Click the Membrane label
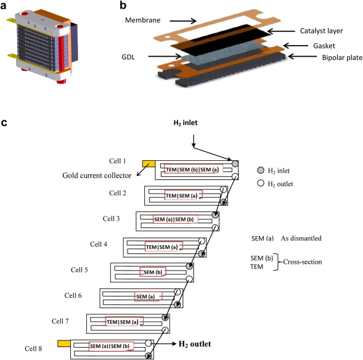[142, 20]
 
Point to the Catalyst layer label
[321, 31]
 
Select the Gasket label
[324, 46]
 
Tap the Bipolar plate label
[342, 57]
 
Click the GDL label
[128, 57]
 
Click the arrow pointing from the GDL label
[165, 56]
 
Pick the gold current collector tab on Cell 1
[149, 164]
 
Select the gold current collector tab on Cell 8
[64, 343]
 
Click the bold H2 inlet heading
[186, 123]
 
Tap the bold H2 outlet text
[195, 344]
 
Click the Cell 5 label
[79, 270]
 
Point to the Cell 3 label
[111, 219]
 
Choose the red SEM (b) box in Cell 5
[153, 272]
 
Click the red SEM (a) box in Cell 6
[148, 297]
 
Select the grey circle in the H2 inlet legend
[261, 170]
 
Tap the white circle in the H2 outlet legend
[261, 183]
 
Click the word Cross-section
[303, 262]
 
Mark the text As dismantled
[301, 238]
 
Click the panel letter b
[123, 6]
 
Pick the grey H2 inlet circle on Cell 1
[235, 164]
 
